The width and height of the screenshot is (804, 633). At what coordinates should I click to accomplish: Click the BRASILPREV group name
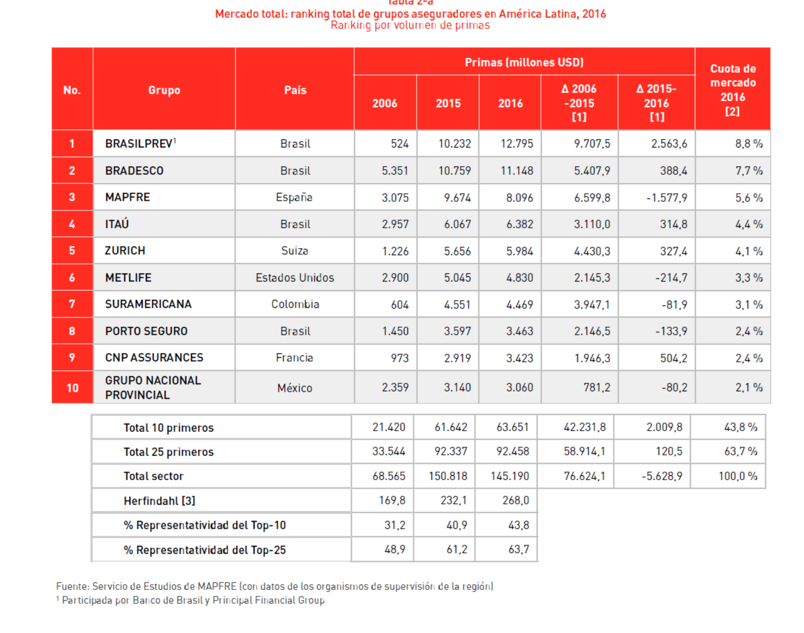[x=139, y=144]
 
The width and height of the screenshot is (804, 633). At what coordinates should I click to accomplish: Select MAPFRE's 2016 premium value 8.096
[x=519, y=198]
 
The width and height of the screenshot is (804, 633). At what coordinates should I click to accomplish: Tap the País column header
[x=295, y=90]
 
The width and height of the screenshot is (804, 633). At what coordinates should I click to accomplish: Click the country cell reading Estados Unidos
[x=294, y=278]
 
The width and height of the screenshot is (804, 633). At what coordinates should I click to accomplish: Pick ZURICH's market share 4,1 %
[x=749, y=251]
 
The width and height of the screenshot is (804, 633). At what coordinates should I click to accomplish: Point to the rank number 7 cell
[x=72, y=304]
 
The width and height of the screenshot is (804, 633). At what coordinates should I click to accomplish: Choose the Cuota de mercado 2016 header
[x=732, y=90]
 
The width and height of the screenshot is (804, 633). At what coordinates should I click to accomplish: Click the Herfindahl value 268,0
[x=516, y=501]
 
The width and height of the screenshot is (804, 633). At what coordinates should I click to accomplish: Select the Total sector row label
[x=153, y=476]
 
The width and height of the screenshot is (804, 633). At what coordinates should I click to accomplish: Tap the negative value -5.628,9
[x=661, y=476]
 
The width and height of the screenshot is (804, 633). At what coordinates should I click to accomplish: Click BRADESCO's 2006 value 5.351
[x=395, y=171]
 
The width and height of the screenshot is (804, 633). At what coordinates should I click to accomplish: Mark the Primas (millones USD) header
[x=524, y=62]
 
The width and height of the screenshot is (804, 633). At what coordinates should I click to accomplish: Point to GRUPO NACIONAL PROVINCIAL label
[x=153, y=388]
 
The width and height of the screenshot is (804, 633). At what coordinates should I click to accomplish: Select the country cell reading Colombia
[x=295, y=304]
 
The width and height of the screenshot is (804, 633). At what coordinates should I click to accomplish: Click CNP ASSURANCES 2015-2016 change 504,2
[x=673, y=358]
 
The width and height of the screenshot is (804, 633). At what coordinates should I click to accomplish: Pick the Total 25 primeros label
[x=168, y=452]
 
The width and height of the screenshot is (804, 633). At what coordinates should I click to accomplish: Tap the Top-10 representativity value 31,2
[x=394, y=525]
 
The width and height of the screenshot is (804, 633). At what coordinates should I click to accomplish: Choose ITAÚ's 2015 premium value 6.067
[x=457, y=224]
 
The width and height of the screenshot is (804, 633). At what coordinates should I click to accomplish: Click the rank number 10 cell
[x=72, y=388]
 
